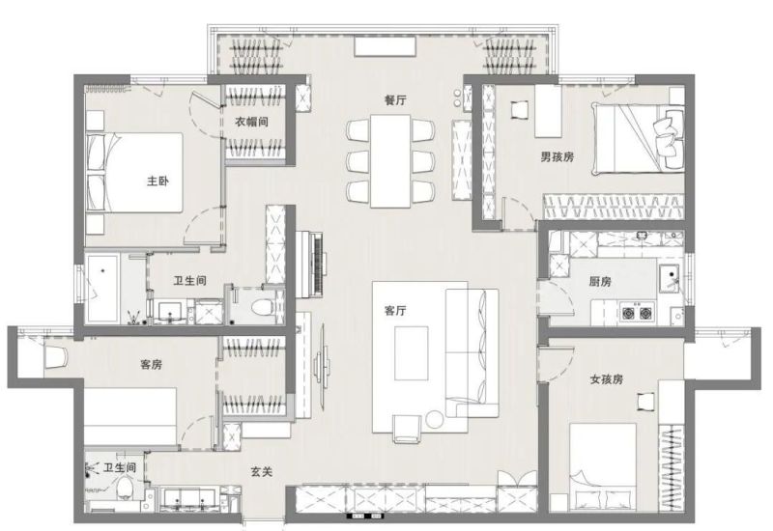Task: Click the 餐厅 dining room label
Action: pos(395,100)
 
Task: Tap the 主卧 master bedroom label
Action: pos(157,181)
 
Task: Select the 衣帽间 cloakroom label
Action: pos(251,122)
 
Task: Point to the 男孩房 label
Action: pos(558,156)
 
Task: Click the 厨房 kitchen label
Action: pos(600,281)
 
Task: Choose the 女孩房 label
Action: pos(607,379)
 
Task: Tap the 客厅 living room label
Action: pos(395,311)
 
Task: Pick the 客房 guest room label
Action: pos(151,365)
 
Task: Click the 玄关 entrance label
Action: pos(261,471)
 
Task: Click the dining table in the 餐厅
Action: pos(390,161)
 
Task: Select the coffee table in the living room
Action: pos(412,353)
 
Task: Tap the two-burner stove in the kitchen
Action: pos(637,312)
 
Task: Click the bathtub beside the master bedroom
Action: pos(102,288)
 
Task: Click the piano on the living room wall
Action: pos(309,264)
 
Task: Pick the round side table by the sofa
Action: pos(436,419)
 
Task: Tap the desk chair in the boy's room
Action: pos(520,109)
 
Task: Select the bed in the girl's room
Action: pos(603,467)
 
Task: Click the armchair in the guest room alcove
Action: pos(56,356)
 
